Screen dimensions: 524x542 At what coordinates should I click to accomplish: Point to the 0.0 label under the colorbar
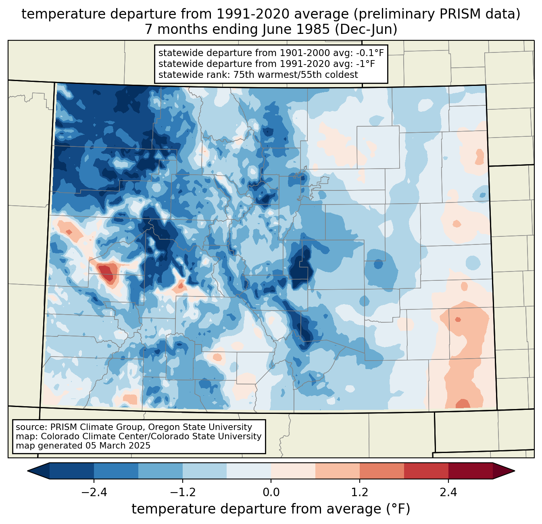tap(271, 493)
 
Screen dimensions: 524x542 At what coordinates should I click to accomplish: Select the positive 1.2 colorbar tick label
tap(360, 493)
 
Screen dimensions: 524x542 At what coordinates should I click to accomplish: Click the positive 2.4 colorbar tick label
tap(448, 493)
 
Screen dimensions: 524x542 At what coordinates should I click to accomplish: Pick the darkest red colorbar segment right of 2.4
tap(470, 471)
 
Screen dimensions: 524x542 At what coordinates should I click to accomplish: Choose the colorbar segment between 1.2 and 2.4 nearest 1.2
tap(381, 471)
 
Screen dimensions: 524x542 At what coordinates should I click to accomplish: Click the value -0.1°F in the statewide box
tap(366, 53)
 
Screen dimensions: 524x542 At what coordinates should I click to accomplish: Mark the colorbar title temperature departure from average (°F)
tap(271, 509)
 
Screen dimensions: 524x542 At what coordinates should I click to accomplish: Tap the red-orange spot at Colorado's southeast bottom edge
tap(462, 404)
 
